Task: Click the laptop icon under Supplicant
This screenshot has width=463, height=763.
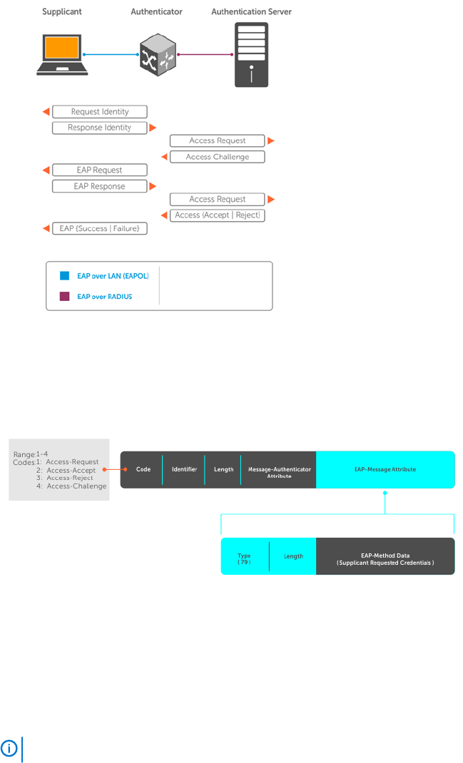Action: [x=62, y=54]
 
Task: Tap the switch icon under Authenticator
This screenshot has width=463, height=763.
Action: [x=157, y=54]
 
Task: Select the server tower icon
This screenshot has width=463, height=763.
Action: [x=251, y=54]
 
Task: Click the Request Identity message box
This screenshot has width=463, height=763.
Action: [x=100, y=112]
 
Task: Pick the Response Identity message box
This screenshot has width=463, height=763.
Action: [x=100, y=128]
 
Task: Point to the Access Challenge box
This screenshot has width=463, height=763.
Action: [x=217, y=157]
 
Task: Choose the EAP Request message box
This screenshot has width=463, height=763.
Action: [x=100, y=170]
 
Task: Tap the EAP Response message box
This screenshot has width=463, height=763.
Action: [x=100, y=186]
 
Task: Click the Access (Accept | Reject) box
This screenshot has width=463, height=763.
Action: [x=217, y=215]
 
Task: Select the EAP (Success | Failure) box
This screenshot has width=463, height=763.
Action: [x=100, y=228]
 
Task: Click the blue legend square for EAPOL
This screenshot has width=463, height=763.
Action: [x=64, y=276]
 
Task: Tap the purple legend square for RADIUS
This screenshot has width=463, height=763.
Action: [x=64, y=297]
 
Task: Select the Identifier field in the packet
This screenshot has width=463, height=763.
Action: [x=183, y=470]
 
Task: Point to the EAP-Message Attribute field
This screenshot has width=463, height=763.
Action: [x=385, y=470]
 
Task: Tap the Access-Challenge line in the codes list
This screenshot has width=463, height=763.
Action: [x=71, y=486]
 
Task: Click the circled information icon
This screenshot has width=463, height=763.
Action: [x=9, y=749]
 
